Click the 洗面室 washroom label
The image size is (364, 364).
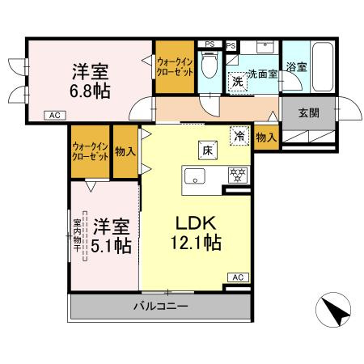[263, 74]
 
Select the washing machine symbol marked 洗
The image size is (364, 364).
[239, 81]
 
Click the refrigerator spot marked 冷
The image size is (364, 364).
[240, 136]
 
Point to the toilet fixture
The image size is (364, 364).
[210, 65]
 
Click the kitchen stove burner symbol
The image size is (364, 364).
[237, 175]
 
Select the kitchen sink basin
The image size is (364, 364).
[197, 176]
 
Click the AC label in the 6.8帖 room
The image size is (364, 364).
[56, 115]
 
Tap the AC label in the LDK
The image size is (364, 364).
[238, 277]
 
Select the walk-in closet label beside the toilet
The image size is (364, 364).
[176, 66]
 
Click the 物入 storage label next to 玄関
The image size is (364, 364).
[266, 138]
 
